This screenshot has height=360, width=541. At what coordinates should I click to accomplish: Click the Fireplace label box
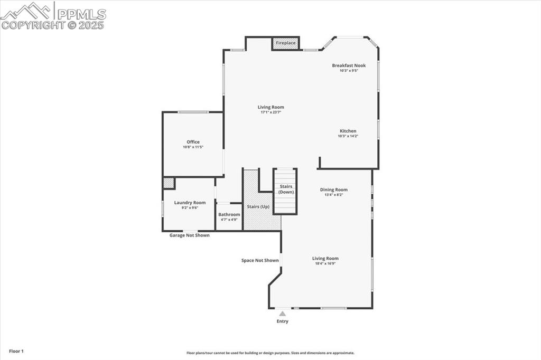[286, 43]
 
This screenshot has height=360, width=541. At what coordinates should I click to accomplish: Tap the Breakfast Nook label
[349, 65]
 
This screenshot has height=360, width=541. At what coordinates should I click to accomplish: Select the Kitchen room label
[348, 131]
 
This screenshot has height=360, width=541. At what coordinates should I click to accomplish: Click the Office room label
[193, 141]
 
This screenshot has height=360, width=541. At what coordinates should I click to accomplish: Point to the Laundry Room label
[190, 203]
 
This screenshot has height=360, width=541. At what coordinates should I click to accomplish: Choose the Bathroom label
[229, 214]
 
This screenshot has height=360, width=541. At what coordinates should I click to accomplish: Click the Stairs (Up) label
[258, 206]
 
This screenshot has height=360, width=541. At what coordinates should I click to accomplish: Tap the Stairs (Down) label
[286, 189]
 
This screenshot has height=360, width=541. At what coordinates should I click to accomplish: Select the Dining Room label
[334, 190]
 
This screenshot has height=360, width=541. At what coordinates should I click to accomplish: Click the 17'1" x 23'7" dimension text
[270, 112]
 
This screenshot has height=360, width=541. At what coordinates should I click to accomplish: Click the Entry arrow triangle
[282, 314]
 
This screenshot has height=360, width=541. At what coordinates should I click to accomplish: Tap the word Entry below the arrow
[283, 321]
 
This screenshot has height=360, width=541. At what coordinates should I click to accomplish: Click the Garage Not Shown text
[189, 235]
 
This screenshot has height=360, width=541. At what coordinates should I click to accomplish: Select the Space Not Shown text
[260, 260]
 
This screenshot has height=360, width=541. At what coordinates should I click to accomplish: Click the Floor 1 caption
[16, 351]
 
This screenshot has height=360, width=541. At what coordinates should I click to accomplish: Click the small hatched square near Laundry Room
[169, 183]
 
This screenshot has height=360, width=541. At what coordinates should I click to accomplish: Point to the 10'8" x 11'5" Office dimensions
[193, 147]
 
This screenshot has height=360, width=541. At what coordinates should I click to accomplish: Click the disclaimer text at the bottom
[270, 353]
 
